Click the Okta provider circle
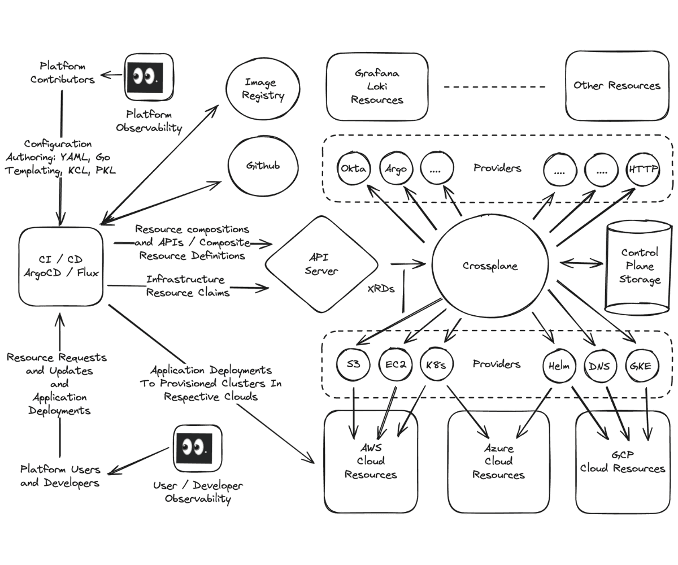[354, 168]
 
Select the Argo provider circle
[395, 168]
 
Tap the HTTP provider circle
[643, 168]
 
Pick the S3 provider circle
[353, 365]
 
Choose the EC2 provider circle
[395, 365]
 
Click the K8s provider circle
[436, 365]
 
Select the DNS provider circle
[599, 365]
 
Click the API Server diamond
[321, 264]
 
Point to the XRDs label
[381, 288]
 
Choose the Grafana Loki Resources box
[377, 87]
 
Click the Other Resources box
[616, 86]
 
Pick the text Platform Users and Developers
[60, 476]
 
